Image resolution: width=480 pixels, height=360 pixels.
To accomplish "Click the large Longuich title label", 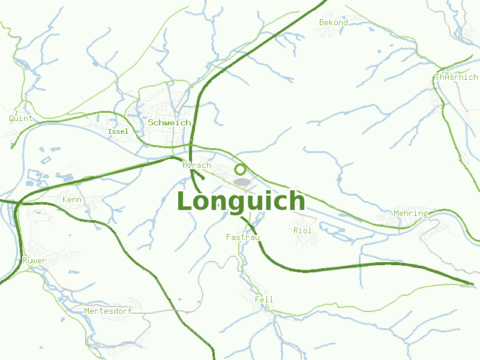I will click(x=241, y=202).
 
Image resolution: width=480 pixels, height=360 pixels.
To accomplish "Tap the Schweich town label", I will click(x=169, y=122).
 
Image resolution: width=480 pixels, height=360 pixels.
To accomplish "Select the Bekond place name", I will click(x=334, y=22).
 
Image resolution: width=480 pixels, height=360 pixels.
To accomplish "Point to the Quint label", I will click(x=20, y=118).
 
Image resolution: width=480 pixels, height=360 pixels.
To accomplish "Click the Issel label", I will click(x=118, y=131).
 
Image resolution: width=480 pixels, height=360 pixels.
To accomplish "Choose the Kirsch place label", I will click(x=197, y=165).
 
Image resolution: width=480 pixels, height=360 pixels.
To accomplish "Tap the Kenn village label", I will click(x=72, y=199).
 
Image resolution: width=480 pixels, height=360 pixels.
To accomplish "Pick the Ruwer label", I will click(x=34, y=260).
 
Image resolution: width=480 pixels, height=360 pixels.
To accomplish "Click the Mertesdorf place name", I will click(x=108, y=311).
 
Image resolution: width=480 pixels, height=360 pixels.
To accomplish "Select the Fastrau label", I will click(x=243, y=237).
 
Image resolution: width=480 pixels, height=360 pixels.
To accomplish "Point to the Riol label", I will click(x=303, y=230).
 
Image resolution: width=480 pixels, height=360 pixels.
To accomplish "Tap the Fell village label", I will click(x=264, y=299).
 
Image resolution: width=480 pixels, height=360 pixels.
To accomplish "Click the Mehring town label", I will click(x=410, y=213).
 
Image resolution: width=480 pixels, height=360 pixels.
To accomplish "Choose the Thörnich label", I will click(x=456, y=77).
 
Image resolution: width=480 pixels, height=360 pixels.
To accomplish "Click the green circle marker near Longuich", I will click(x=241, y=169).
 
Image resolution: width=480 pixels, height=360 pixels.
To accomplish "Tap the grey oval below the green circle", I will click(x=242, y=181).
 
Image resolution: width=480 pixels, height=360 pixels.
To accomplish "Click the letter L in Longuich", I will click(x=187, y=202).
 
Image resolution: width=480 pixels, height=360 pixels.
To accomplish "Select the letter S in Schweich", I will click(x=151, y=122).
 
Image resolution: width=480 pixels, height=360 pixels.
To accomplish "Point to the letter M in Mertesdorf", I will click(x=87, y=311).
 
